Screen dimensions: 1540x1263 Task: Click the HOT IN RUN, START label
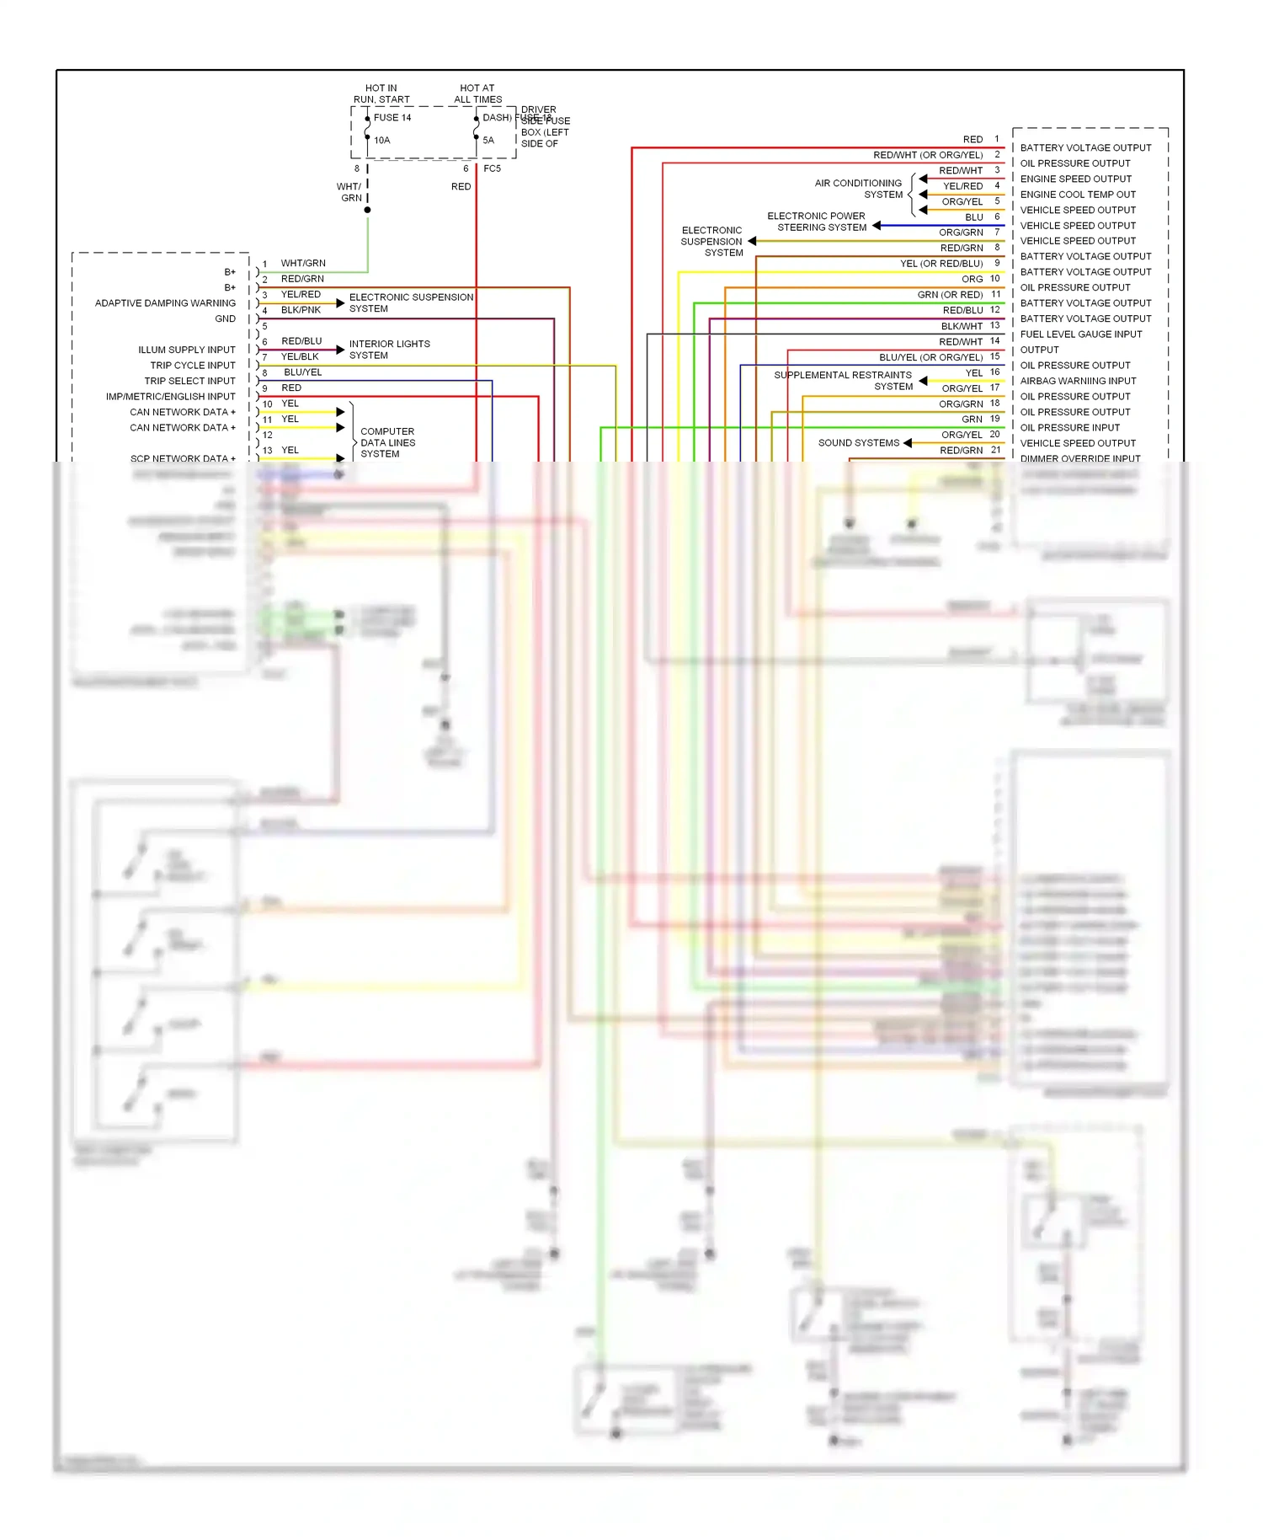(x=381, y=94)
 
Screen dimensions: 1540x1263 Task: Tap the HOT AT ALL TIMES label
(x=477, y=94)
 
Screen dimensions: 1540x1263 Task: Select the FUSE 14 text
(x=392, y=118)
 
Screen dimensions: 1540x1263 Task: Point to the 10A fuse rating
(x=382, y=141)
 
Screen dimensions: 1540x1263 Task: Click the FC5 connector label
(x=492, y=168)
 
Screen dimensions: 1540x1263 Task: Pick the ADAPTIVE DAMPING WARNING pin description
(x=165, y=303)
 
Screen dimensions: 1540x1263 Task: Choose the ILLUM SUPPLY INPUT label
(x=187, y=350)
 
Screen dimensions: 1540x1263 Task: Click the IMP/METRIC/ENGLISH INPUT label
(x=170, y=397)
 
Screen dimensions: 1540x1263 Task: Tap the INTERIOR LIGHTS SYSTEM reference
(x=389, y=350)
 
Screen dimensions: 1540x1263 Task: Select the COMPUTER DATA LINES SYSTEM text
(x=387, y=442)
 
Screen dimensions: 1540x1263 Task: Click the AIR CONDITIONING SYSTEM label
(x=858, y=189)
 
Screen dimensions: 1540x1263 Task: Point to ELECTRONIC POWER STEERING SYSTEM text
(x=817, y=222)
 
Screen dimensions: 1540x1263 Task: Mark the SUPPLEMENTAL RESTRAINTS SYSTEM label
(x=843, y=381)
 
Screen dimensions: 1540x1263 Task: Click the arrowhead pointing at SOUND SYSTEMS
(x=908, y=443)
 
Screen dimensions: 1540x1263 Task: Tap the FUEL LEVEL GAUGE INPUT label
(x=1080, y=334)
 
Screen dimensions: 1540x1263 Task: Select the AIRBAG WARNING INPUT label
(x=1078, y=381)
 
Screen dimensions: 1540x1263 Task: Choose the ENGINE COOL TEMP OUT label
(x=1078, y=195)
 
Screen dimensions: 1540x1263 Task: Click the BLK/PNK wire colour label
(x=301, y=310)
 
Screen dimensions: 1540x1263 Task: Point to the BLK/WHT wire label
(x=962, y=326)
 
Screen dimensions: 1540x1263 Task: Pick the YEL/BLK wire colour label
(x=300, y=357)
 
